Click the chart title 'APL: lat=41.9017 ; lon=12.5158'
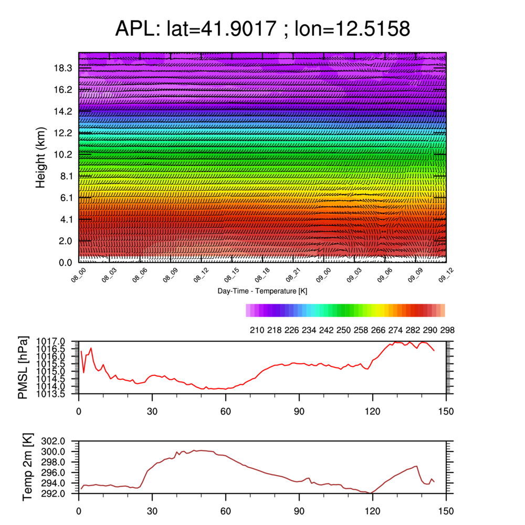(x=262, y=28)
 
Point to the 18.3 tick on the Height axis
(x=63, y=68)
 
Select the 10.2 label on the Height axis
(x=63, y=155)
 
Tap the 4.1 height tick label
(x=66, y=219)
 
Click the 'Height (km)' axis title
(x=40, y=157)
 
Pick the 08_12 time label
(x=201, y=275)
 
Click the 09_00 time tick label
(x=323, y=275)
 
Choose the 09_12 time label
(x=446, y=275)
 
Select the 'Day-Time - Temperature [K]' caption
(x=262, y=291)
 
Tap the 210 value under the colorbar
(x=257, y=330)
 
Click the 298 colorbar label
(x=447, y=330)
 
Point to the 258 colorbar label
(x=361, y=330)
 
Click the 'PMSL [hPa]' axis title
(x=23, y=367)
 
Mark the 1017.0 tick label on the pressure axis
(x=50, y=342)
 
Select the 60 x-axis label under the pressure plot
(x=226, y=411)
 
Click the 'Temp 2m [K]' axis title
(x=27, y=467)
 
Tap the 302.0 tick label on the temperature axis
(x=53, y=441)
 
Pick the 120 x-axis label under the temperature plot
(x=373, y=511)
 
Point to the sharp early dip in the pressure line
(x=83, y=373)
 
